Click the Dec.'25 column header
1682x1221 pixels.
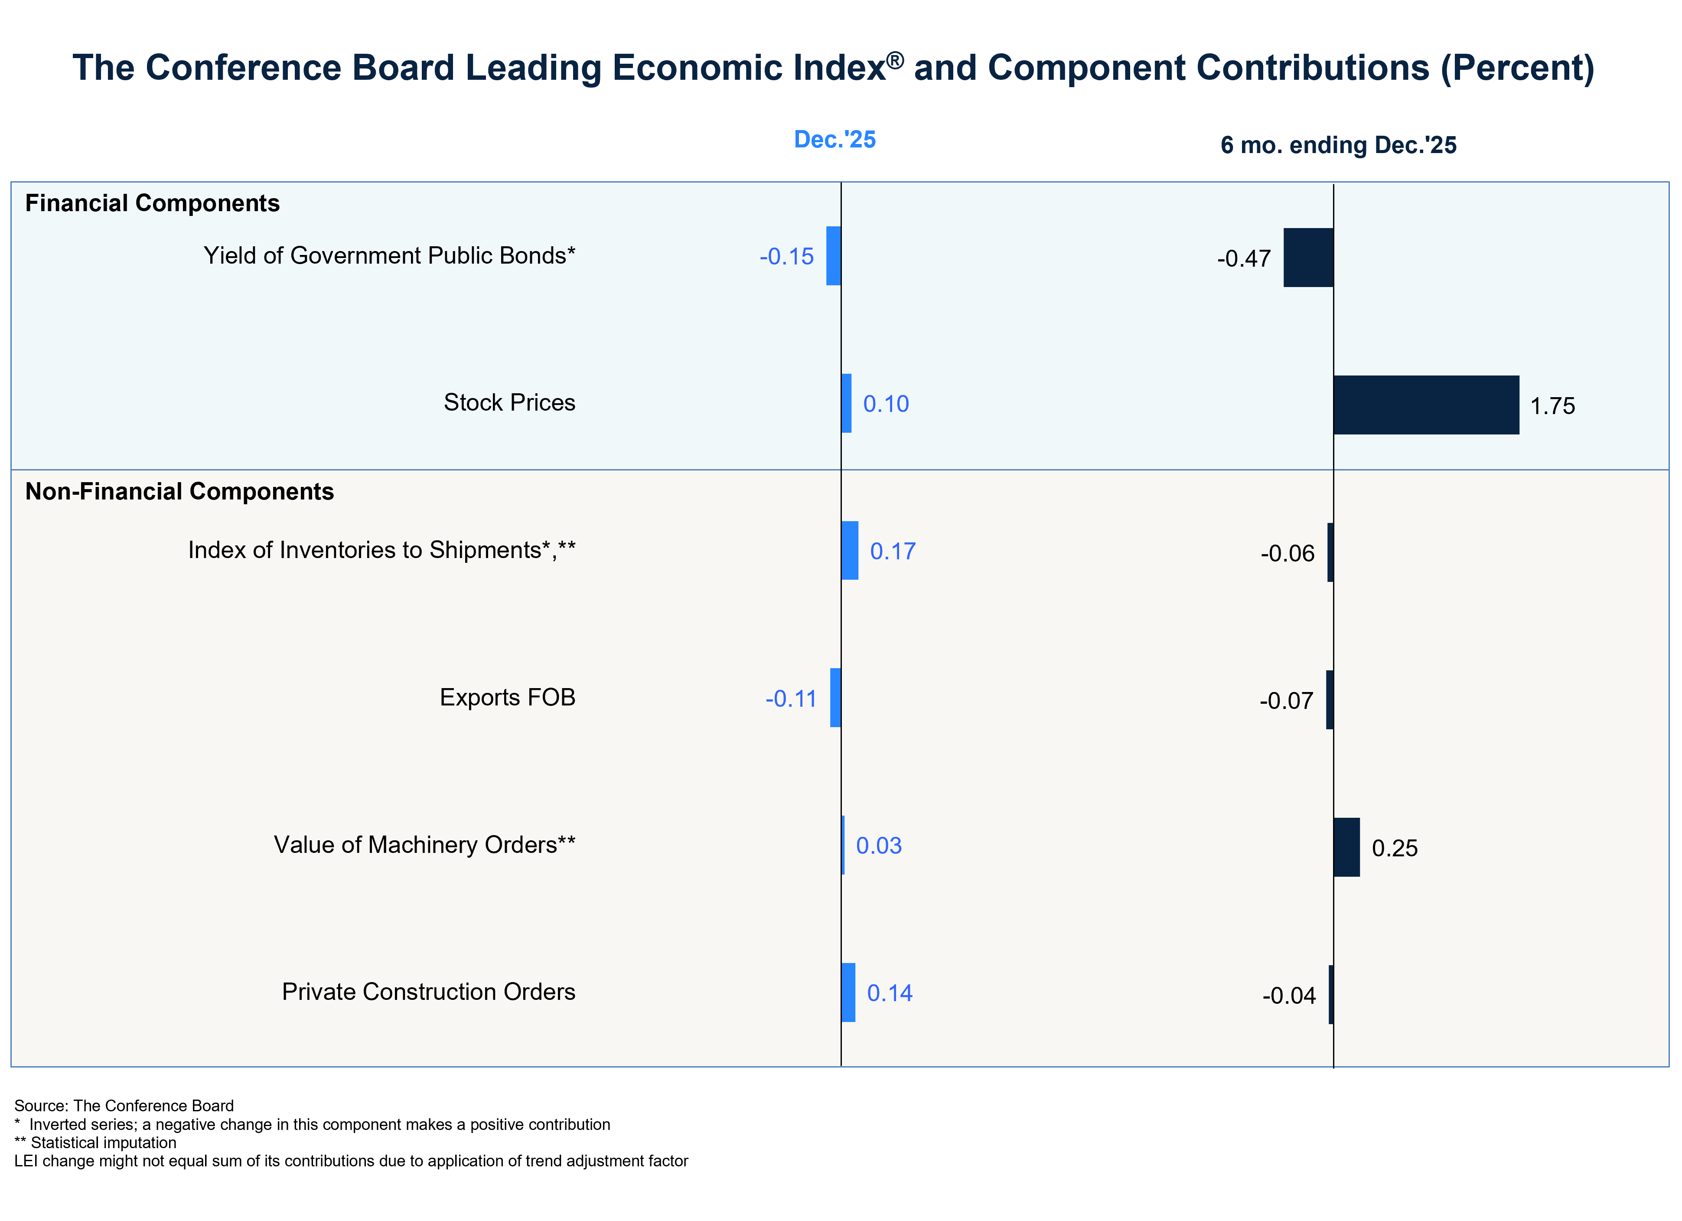(834, 140)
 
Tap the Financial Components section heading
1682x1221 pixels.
(152, 203)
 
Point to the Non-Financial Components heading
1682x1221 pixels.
(179, 492)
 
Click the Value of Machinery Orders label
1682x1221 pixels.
(424, 845)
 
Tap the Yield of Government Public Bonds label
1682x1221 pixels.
(389, 256)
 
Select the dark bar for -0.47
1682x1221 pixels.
(1308, 258)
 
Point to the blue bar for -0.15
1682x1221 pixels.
(834, 256)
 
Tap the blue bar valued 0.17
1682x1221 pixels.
(850, 550)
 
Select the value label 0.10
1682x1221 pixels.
(886, 404)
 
